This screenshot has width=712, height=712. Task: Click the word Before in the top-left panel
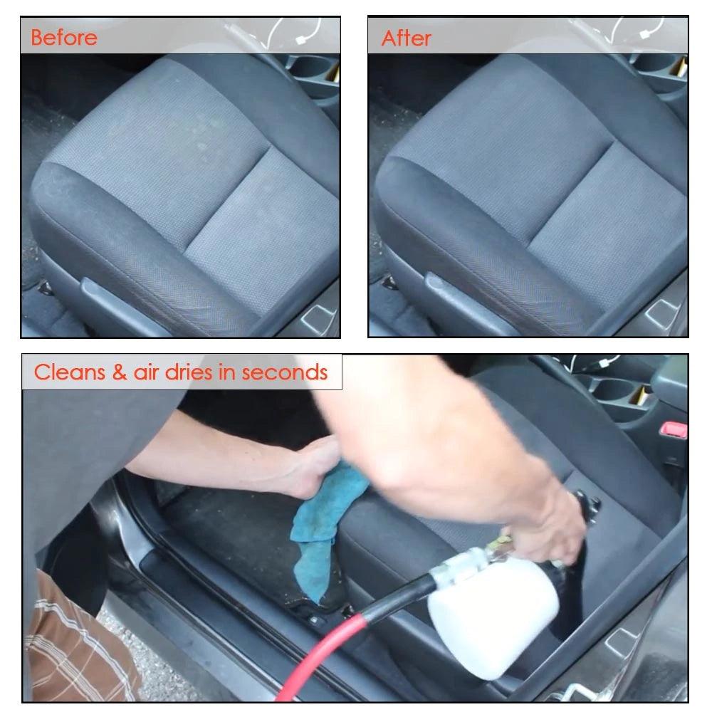pos(63,37)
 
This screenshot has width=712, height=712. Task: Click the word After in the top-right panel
pos(406,37)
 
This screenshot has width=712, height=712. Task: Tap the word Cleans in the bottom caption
pos(69,372)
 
